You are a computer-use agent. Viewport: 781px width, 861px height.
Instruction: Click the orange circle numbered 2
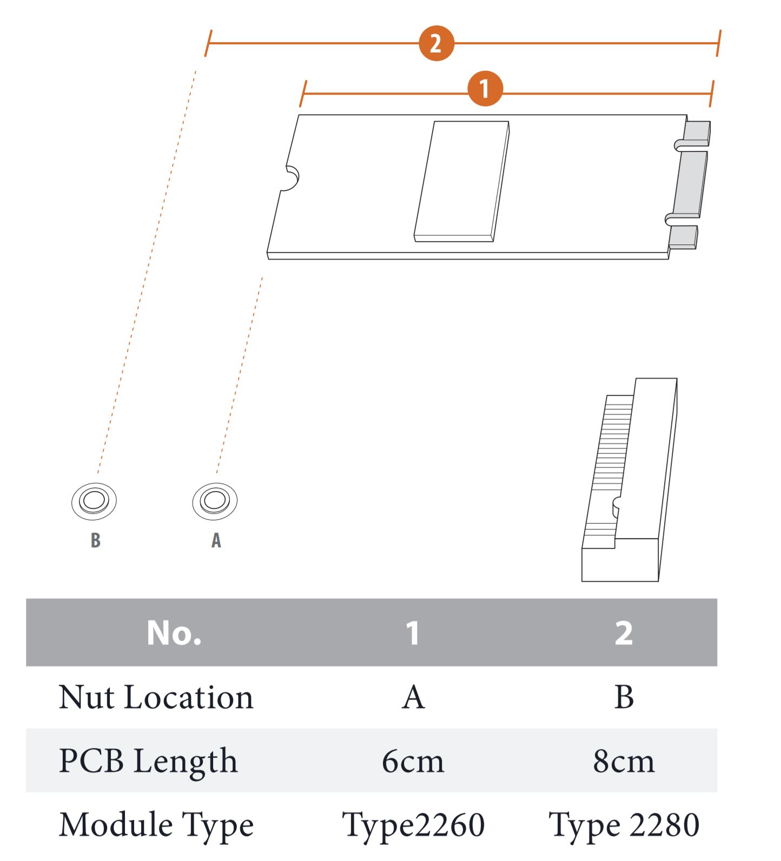coord(436,43)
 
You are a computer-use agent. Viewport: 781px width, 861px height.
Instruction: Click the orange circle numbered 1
coord(485,88)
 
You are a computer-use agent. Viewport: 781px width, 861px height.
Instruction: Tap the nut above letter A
coord(215,501)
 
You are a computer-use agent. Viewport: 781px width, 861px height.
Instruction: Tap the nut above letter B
coord(94,501)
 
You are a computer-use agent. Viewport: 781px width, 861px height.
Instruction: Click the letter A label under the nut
coord(216,540)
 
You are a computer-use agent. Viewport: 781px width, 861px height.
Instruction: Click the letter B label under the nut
coord(96,540)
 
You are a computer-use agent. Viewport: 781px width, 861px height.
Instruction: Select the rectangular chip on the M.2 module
coord(462,181)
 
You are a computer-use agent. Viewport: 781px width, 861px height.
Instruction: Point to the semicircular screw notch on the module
coord(290,178)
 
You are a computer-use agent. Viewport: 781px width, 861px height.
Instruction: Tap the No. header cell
coord(174,632)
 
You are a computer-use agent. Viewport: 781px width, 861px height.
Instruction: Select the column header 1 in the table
coord(413,632)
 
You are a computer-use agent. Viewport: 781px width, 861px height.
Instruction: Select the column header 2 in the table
coord(624,632)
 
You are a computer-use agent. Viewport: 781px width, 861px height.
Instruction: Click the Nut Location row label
coord(156,697)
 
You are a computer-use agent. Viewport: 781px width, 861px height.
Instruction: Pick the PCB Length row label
coord(148,761)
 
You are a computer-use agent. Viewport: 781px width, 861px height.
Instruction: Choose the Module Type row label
coord(156,825)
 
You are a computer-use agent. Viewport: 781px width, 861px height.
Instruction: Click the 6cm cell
coord(413,761)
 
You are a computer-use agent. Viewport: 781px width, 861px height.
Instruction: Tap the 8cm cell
coord(624,761)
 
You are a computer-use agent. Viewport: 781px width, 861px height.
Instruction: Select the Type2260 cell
coord(413,825)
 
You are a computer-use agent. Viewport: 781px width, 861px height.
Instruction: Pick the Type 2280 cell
coord(624,825)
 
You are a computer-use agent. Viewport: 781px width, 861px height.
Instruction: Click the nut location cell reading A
coord(413,697)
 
